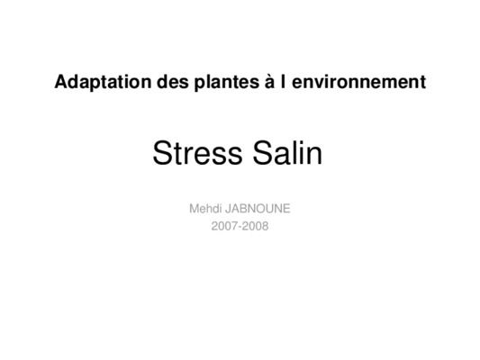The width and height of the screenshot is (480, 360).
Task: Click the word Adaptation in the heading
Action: coord(103,82)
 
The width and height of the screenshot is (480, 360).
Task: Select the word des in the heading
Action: coord(173,82)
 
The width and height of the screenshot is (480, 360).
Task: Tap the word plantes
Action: coord(227,82)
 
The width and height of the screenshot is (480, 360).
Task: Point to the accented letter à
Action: coord(270,81)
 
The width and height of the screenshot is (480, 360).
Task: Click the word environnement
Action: coord(358,82)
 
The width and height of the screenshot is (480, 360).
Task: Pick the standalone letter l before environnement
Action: coord(283,81)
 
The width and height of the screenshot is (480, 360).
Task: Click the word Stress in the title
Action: coord(197,153)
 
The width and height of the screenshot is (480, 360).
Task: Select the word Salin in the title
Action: coord(287,152)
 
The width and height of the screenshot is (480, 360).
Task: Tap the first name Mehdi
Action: coord(205,209)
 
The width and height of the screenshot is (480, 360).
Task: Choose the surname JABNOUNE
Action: coord(258,209)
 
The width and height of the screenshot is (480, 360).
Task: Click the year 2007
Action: coord(224,226)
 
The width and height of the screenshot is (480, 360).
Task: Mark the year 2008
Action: coord(255,226)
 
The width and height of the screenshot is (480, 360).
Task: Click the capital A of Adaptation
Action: coord(61,82)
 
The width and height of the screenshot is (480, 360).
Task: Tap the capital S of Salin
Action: coord(263,153)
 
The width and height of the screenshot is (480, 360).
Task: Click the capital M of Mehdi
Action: coord(195,209)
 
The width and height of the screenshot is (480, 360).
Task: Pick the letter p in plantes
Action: coord(200,85)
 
